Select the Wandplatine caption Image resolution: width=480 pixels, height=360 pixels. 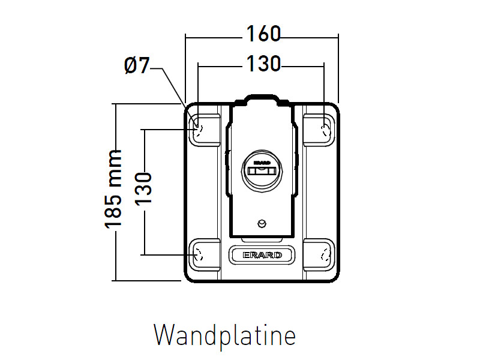pyautogui.click(x=224, y=335)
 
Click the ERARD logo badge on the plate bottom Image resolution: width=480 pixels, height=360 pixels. pyautogui.click(x=262, y=255)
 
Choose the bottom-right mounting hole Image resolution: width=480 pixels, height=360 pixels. pyautogui.click(x=325, y=254)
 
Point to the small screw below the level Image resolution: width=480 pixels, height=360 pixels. pyautogui.click(x=261, y=223)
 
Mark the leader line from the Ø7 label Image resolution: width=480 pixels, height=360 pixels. pyautogui.click(x=174, y=90)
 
